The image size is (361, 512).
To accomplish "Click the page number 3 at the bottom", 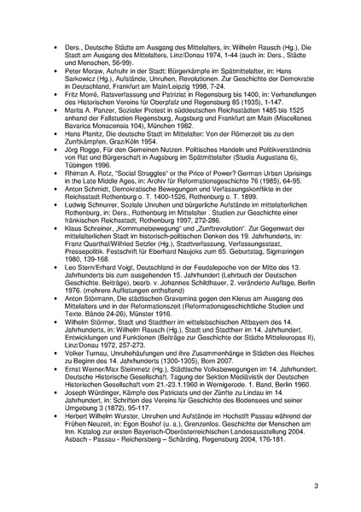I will (340, 486).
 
